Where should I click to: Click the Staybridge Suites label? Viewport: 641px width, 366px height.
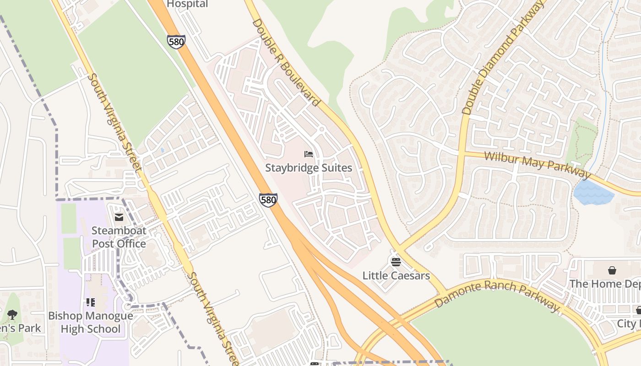309,168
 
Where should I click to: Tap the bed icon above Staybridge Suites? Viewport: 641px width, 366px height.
309,154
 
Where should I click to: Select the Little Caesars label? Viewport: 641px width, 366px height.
396,275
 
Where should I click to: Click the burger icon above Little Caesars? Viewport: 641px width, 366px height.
396,261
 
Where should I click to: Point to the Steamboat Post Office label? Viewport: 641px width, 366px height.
119,237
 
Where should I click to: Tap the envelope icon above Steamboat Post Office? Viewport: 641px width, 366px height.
119,217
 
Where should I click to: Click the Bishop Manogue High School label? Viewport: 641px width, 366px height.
91,322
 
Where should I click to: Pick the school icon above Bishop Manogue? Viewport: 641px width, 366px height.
91,302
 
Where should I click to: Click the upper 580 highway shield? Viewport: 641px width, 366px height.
176,42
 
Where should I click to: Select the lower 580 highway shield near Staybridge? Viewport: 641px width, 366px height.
268,200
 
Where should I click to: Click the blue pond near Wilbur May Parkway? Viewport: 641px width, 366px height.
593,193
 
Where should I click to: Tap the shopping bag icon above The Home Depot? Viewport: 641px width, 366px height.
612,270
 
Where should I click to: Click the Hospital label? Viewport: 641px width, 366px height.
187,4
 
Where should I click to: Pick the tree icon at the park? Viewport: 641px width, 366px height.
12,314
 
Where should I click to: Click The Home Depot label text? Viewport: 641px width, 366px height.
604,284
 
